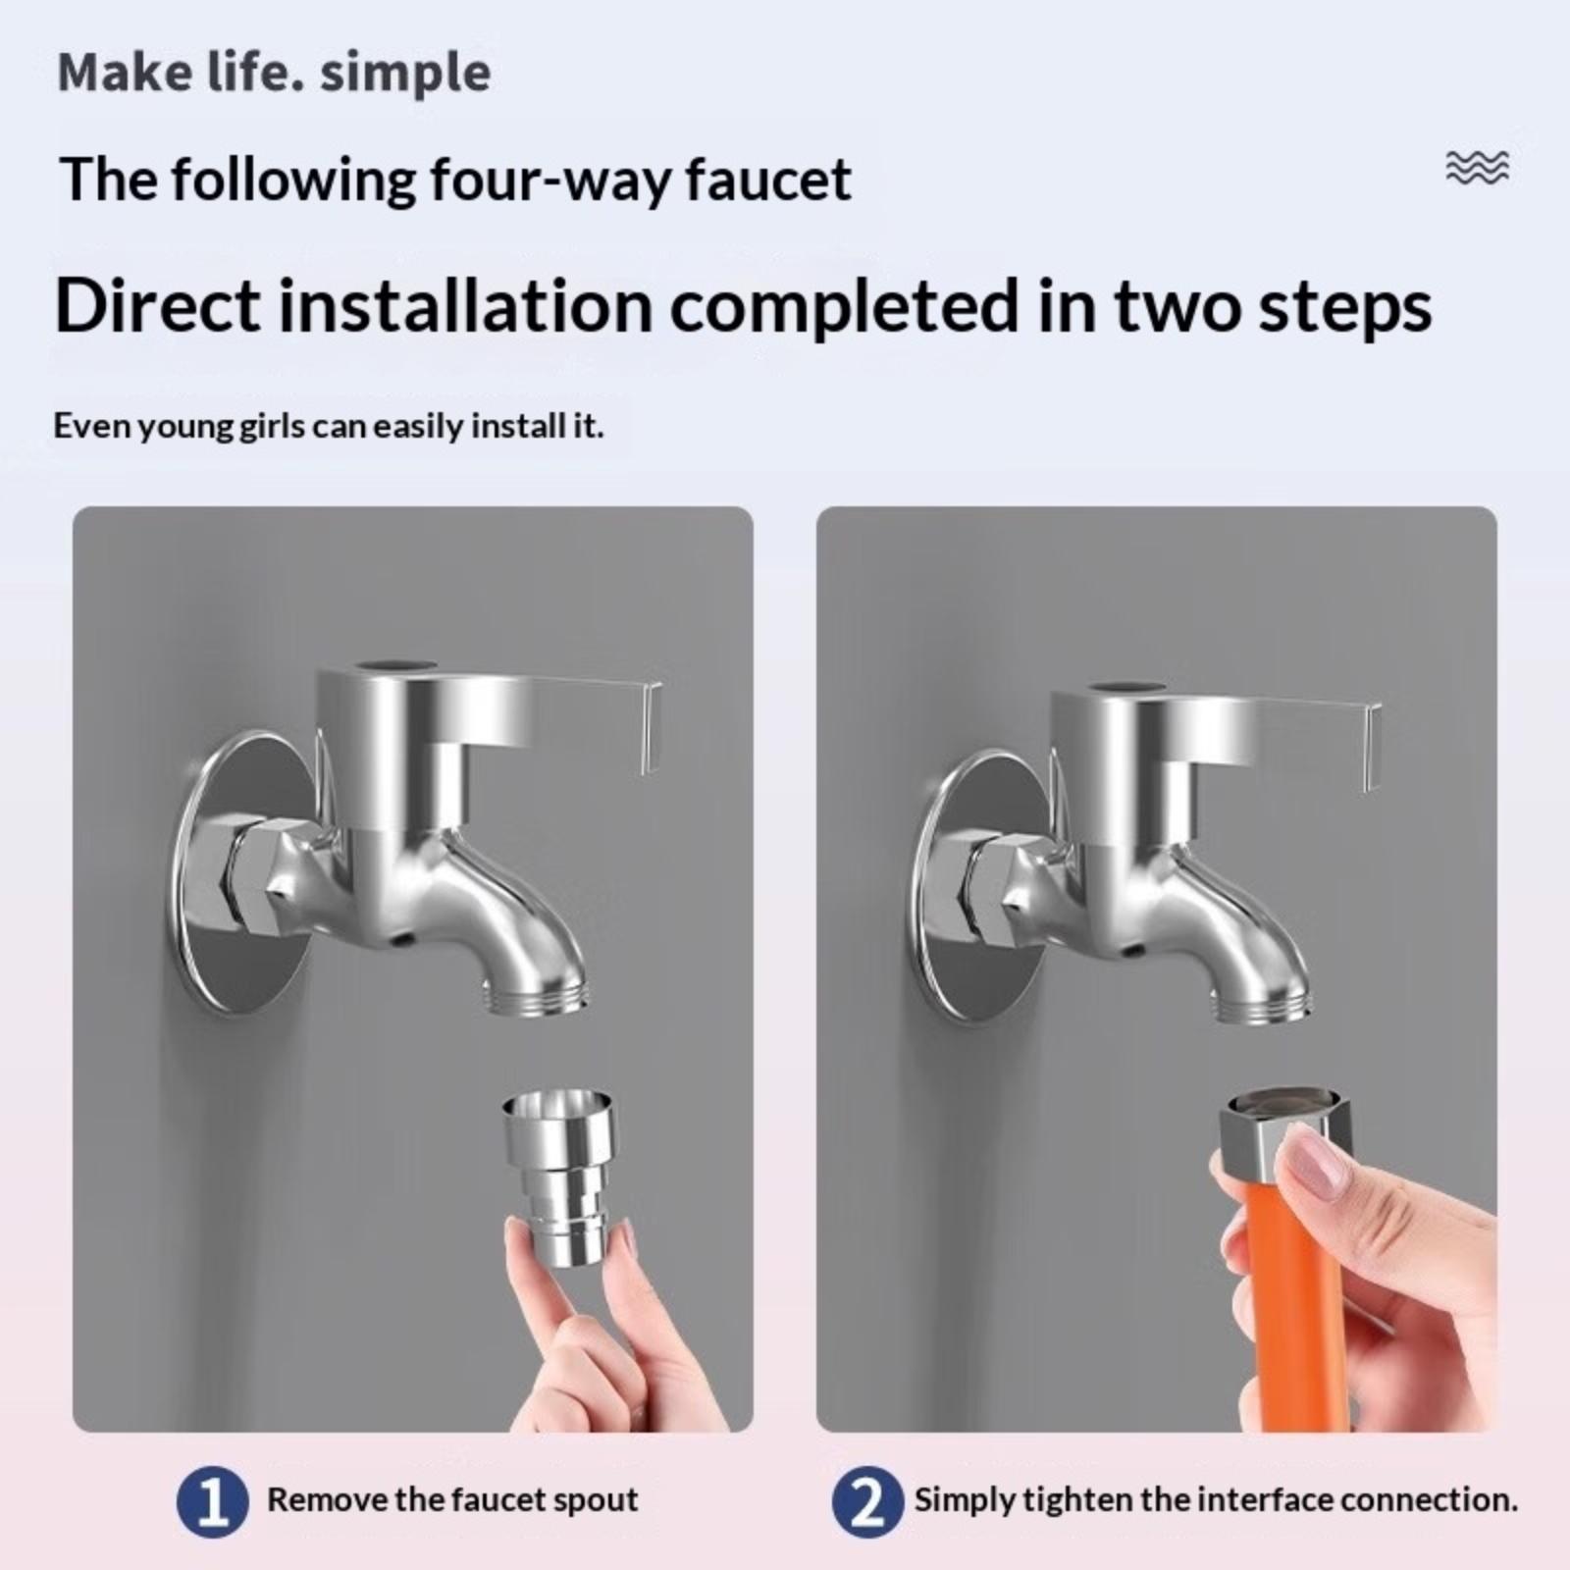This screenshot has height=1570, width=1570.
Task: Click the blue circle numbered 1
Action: [x=212, y=1500]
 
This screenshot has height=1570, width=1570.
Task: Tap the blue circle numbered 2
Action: [x=866, y=1500]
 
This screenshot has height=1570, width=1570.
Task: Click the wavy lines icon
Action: [x=1478, y=169]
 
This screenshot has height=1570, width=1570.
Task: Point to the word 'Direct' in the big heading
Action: [x=158, y=305]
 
